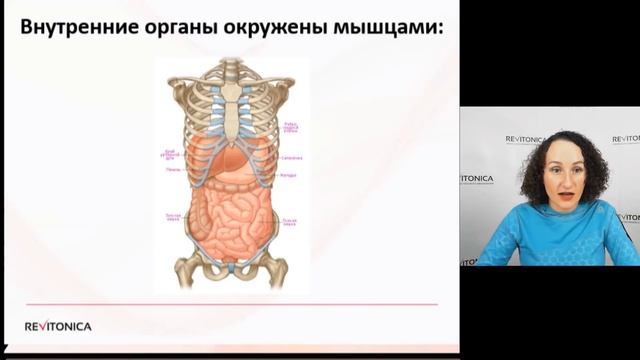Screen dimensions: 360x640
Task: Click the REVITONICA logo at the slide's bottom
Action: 58,326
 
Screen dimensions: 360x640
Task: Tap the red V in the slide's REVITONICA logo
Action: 40,326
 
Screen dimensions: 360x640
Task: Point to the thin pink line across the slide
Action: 231,303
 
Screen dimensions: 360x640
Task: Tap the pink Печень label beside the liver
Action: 172,169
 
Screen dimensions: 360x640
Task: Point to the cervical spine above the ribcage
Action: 231,70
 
